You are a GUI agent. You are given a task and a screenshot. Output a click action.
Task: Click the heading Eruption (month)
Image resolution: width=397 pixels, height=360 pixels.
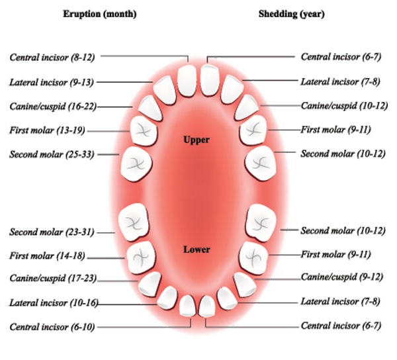101,13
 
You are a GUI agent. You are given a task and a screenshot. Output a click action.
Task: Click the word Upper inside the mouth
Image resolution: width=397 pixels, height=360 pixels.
197,140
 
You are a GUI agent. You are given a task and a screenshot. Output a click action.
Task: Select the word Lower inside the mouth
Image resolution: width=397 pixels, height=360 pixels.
197,249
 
